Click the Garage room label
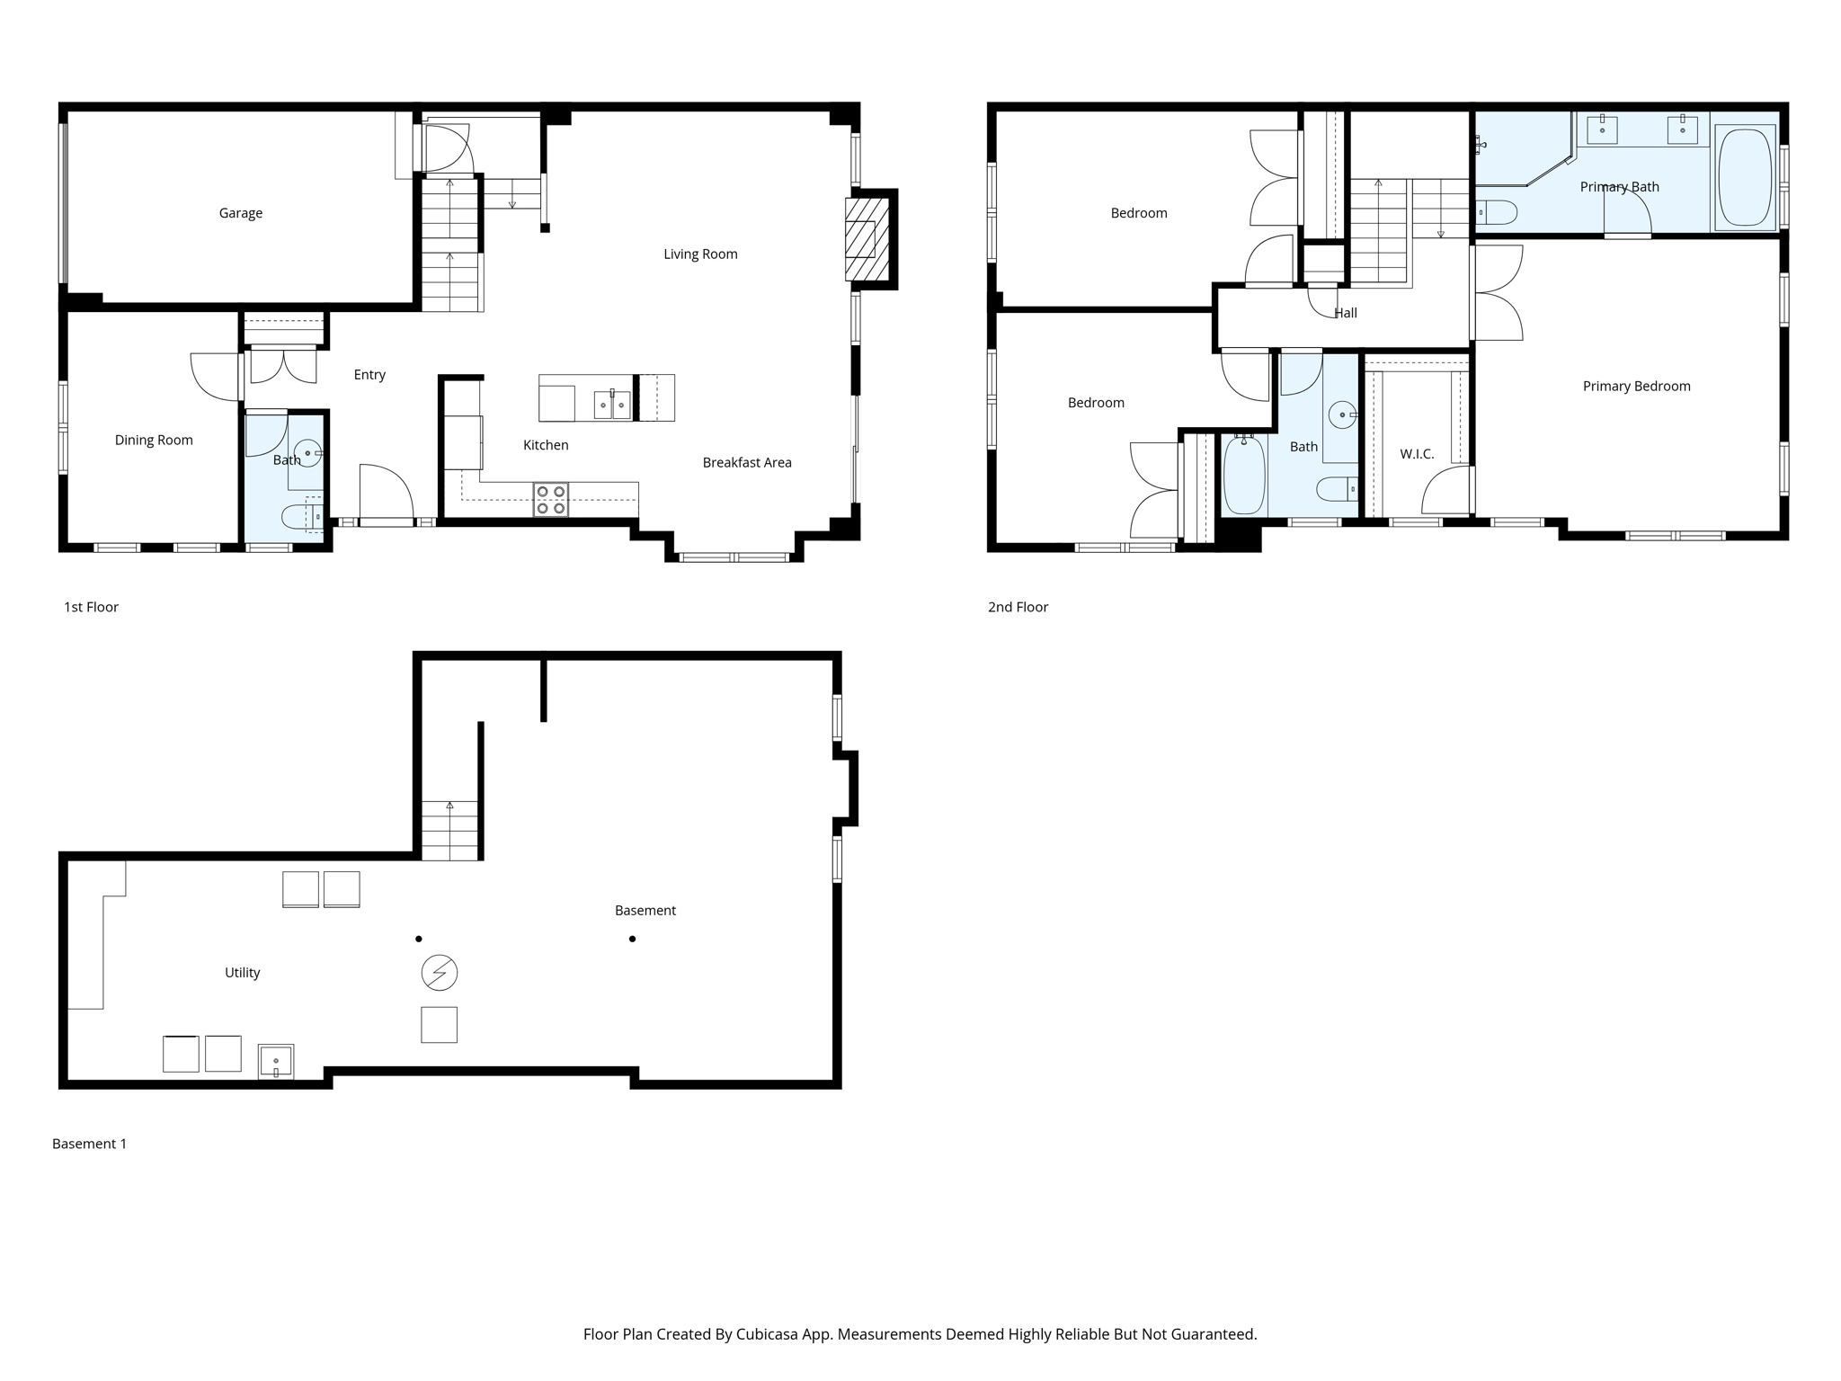pyautogui.click(x=241, y=213)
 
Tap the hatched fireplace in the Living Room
pyautogui.click(x=867, y=239)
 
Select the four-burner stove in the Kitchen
pyautogui.click(x=551, y=500)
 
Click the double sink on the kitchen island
pyautogui.click(x=612, y=405)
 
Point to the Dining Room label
pyautogui.click(x=154, y=440)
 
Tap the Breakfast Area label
pyautogui.click(x=747, y=462)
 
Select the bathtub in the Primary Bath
pyautogui.click(x=1745, y=178)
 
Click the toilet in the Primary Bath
pyautogui.click(x=1498, y=213)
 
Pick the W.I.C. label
pyautogui.click(x=1417, y=454)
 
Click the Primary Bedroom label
pyautogui.click(x=1636, y=386)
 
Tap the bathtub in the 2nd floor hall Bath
pyautogui.click(x=1244, y=475)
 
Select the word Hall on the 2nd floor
pyautogui.click(x=1346, y=313)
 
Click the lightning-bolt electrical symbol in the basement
pyautogui.click(x=440, y=972)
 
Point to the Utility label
pyautogui.click(x=242, y=972)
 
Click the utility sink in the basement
pyautogui.click(x=276, y=1061)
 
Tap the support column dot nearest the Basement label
pyautogui.click(x=633, y=939)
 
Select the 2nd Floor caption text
pyautogui.click(x=1018, y=607)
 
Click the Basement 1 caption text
pyautogui.click(x=89, y=1144)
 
